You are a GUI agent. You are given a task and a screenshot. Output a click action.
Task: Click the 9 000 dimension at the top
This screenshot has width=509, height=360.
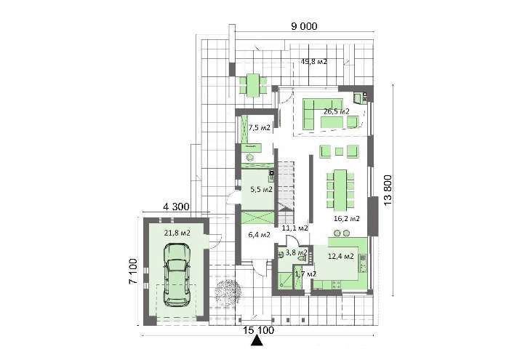[x=304, y=26]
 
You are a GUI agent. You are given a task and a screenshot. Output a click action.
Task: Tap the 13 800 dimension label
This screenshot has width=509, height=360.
[x=388, y=190]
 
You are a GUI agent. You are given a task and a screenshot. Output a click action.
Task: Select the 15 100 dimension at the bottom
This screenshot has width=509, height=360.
[x=259, y=330]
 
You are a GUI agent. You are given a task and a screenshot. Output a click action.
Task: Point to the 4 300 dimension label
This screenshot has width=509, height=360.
[x=176, y=207]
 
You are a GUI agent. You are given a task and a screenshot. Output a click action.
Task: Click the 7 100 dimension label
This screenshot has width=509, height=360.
[x=133, y=271]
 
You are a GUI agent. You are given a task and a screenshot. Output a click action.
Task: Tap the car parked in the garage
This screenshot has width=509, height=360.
[x=177, y=275]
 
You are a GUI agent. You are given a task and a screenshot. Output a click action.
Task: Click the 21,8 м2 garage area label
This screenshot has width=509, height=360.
[x=177, y=233]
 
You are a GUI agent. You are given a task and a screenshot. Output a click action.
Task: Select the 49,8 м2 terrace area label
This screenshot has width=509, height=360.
[x=314, y=61]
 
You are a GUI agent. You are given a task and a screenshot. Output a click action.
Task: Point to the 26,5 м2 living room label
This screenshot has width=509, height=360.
[x=336, y=111]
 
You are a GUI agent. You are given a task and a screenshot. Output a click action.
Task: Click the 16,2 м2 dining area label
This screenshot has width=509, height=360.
[x=347, y=218]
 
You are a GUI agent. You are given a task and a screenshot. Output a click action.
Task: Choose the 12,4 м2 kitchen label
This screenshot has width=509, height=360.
[x=341, y=257]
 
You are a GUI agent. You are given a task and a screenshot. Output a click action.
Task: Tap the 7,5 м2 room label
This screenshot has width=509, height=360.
[x=260, y=127]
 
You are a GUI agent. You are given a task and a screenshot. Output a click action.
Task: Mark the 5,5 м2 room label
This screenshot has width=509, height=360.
[x=261, y=189]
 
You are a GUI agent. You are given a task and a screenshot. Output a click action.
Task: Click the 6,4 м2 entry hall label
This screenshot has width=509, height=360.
[x=259, y=234]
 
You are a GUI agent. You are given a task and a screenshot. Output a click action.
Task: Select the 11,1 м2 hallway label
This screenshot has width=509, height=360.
[x=294, y=228]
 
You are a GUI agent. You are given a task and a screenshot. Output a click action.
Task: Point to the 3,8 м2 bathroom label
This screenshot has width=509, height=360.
[x=297, y=252]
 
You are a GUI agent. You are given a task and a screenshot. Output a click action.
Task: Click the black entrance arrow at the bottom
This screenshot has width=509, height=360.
[x=257, y=341]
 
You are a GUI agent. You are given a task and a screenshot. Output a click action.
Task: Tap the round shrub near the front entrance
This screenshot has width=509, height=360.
[x=228, y=292]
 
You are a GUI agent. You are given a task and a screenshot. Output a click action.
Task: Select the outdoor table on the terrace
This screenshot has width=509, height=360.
[x=253, y=85]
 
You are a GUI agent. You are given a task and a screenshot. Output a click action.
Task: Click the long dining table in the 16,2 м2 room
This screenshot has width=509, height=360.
[x=340, y=190]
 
